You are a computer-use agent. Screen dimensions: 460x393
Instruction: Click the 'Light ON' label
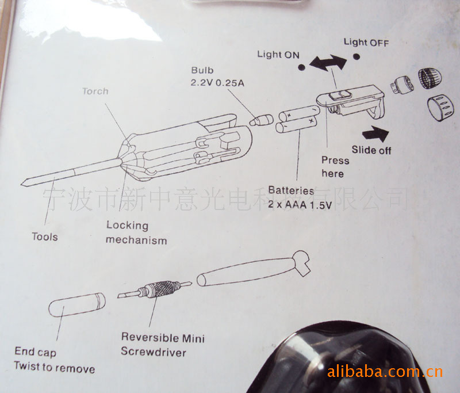coord(278,55)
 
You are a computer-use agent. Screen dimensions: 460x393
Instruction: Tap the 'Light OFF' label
coord(366,42)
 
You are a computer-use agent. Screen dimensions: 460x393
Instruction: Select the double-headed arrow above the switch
coord(328,64)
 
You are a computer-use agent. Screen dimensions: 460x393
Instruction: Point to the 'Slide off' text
coord(371,150)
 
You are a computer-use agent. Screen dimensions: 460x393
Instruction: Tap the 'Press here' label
coord(335,167)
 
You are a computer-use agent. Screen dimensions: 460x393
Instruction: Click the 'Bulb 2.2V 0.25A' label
coord(217,77)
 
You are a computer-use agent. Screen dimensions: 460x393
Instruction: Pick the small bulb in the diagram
coord(262,120)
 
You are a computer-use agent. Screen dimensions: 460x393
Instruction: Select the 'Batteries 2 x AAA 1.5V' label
coord(300,197)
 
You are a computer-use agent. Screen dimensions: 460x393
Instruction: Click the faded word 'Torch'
coord(95,91)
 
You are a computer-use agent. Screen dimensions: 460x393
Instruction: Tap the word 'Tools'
coord(45,236)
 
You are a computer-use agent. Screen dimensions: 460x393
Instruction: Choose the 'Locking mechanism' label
coord(136,233)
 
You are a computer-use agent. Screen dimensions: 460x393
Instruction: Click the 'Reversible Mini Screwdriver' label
coord(162,344)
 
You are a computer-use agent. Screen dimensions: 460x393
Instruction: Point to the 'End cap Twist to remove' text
coord(55,360)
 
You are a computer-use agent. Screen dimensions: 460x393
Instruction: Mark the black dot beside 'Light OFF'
coord(357,57)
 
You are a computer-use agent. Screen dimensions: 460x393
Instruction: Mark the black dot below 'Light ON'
coord(302,67)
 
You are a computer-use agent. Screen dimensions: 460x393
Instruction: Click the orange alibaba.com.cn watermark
coord(385,372)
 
